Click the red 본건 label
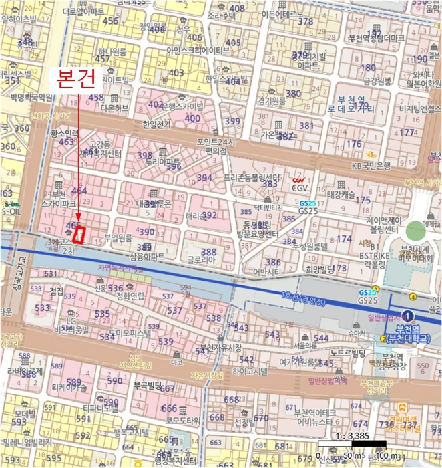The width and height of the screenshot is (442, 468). [x=77, y=79]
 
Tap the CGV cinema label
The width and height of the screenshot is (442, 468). [x=298, y=188]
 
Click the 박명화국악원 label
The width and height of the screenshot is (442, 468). [x=31, y=97]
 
